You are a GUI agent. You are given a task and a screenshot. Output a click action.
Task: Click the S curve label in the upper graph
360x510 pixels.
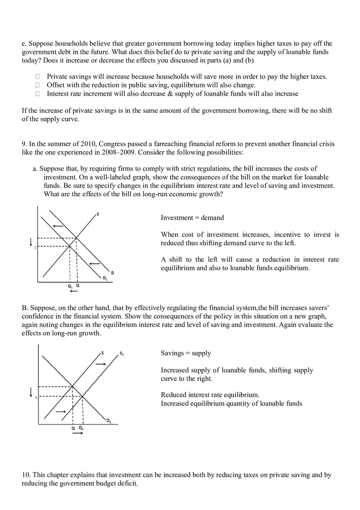pos(98,213)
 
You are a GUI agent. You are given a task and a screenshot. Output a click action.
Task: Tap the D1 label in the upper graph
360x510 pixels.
pos(105,279)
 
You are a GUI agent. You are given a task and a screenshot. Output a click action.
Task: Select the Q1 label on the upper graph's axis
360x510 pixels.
pos(70,286)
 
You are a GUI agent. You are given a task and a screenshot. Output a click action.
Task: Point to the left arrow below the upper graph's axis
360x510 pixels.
pos(74,291)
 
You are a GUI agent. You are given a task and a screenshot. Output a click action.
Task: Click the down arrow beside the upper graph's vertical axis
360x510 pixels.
pos(31,243)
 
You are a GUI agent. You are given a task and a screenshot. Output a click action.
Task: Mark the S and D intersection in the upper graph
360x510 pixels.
pos(77,238)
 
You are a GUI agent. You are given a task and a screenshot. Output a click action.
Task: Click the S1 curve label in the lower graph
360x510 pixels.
pos(122,353)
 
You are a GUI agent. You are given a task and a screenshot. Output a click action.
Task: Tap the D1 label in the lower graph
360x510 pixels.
pos(109,421)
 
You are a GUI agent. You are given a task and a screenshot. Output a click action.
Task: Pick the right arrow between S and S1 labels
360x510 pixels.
pos(100,364)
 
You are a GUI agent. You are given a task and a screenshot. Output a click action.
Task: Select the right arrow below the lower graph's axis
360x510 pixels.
pos(77,433)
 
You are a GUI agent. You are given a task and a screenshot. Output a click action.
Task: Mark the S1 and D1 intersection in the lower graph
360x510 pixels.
pos(83,396)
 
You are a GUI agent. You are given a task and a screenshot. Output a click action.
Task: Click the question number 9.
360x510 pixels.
pos(24,144)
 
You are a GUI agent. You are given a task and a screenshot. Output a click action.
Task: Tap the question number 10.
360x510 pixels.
pos(25,475)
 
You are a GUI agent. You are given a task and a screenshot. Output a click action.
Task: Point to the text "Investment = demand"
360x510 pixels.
pos(192,218)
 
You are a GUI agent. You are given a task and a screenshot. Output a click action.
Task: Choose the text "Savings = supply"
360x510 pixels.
pos(186,353)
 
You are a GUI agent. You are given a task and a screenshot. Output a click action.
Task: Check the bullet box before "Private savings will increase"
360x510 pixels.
pos(37,76)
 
